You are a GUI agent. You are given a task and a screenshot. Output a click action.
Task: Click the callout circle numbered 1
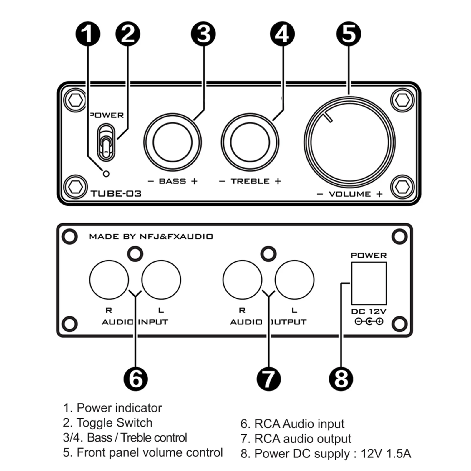pyautogui.click(x=88, y=34)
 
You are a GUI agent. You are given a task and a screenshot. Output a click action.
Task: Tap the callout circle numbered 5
pyautogui.click(x=349, y=34)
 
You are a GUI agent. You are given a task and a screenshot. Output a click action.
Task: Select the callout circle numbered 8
pyautogui.click(x=341, y=379)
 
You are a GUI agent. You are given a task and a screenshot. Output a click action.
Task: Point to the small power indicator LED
pyautogui.click(x=106, y=174)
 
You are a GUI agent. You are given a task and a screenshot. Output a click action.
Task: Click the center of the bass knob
pyautogui.click(x=173, y=142)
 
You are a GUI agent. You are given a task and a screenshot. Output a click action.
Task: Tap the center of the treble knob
pyautogui.click(x=250, y=142)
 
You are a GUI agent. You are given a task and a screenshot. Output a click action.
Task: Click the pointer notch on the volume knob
pyautogui.click(x=328, y=117)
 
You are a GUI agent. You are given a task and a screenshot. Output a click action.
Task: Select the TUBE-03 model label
pyautogui.click(x=116, y=194)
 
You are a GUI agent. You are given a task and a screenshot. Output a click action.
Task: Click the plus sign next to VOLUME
pyautogui.click(x=379, y=194)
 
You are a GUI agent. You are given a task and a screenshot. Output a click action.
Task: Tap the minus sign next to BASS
pyautogui.click(x=151, y=181)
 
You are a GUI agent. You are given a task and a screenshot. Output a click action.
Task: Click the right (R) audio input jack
pyautogui.click(x=109, y=280)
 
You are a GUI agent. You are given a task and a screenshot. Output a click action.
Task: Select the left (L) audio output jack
pyautogui.click(x=294, y=280)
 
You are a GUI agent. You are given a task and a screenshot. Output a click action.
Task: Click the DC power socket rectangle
pyautogui.click(x=369, y=283)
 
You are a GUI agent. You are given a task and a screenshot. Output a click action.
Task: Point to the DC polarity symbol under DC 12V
pyautogui.click(x=369, y=321)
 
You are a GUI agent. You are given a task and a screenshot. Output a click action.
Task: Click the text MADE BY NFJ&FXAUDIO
pyautogui.click(x=151, y=237)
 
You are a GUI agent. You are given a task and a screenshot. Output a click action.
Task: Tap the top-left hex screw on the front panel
pyautogui.click(x=75, y=101)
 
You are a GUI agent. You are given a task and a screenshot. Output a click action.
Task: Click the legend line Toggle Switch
pyautogui.click(x=108, y=423)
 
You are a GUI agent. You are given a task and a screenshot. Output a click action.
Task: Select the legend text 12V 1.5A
pyautogui.click(x=386, y=454)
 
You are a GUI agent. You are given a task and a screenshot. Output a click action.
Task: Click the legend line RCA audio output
pyautogui.click(x=296, y=439)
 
